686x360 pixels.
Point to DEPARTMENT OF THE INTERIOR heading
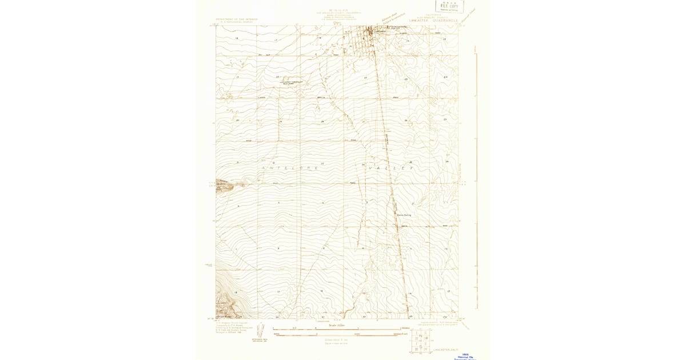click(237, 19)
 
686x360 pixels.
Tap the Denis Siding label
click(404, 215)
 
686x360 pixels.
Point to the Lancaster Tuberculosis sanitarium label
click(290, 82)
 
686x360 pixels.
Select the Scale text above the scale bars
click(337, 325)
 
